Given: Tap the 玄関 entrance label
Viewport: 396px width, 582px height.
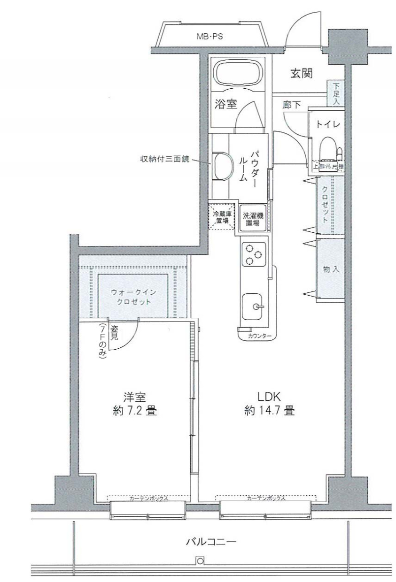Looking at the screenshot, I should (301, 74).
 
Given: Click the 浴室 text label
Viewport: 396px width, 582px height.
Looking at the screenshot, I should (226, 104).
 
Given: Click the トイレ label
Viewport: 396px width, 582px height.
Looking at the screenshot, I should (328, 124).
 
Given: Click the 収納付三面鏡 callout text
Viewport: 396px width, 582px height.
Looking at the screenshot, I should (165, 159).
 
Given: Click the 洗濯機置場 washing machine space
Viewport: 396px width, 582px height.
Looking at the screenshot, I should (252, 219).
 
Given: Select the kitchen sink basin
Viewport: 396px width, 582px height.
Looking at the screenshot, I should (254, 306).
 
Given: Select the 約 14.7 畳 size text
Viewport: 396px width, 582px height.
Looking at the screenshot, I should (269, 412).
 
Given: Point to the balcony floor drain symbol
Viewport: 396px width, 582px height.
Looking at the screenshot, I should (200, 561).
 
